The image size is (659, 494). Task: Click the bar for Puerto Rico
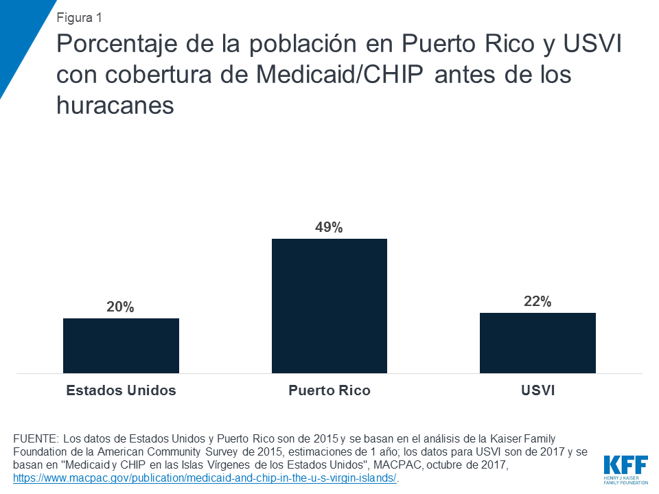tap(329, 305)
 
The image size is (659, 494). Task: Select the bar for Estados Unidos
tap(121, 345)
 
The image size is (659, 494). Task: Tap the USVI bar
tap(537, 342)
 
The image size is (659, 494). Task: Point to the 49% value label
tap(329, 228)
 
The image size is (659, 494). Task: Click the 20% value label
tap(121, 307)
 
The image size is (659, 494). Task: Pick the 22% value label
tap(537, 302)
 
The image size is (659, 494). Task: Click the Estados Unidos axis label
tap(121, 390)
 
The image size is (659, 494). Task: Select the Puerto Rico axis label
tap(329, 390)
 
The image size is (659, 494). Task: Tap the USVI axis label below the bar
tap(537, 390)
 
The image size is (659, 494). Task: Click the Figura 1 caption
tap(80, 17)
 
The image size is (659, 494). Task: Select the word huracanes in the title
tap(115, 104)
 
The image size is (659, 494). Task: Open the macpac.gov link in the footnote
tap(205, 478)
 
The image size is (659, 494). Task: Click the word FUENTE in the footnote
tap(35, 438)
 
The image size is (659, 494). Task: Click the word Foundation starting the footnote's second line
tap(38, 451)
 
